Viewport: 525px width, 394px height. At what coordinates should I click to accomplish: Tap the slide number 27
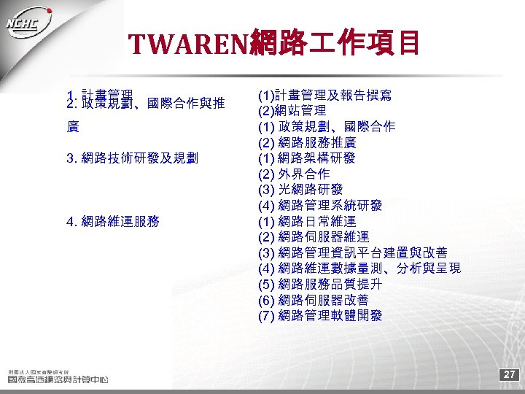[510, 375]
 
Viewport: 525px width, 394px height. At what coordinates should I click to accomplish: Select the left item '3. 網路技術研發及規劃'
[136, 158]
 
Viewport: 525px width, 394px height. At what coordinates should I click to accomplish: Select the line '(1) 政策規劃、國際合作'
[327, 126]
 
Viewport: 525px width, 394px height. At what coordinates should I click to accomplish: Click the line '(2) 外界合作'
[294, 174]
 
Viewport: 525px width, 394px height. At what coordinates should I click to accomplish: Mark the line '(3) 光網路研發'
[300, 190]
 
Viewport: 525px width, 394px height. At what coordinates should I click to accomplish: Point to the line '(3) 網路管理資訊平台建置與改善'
[353, 252]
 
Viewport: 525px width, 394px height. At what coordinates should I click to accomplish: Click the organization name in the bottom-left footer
[58, 378]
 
